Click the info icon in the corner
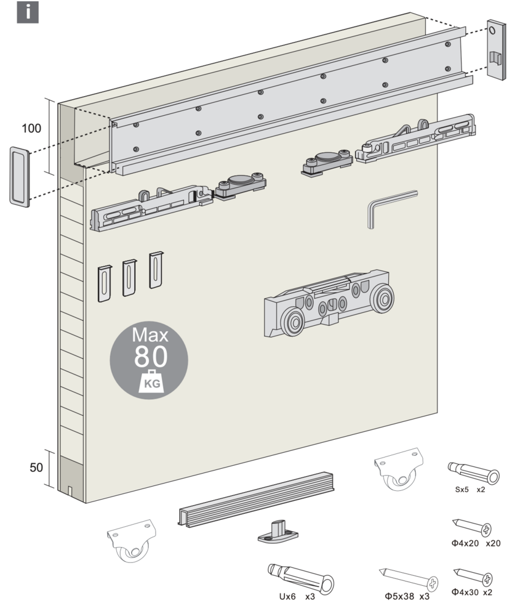tap(27, 12)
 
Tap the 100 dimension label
tap(31, 129)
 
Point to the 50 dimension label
tap(36, 467)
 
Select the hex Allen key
tap(388, 208)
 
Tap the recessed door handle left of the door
tap(19, 176)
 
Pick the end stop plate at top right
tap(497, 49)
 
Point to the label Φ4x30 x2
tap(472, 592)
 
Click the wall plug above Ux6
tap(300, 577)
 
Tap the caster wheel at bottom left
tap(130, 540)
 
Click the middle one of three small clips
tap(129, 277)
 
